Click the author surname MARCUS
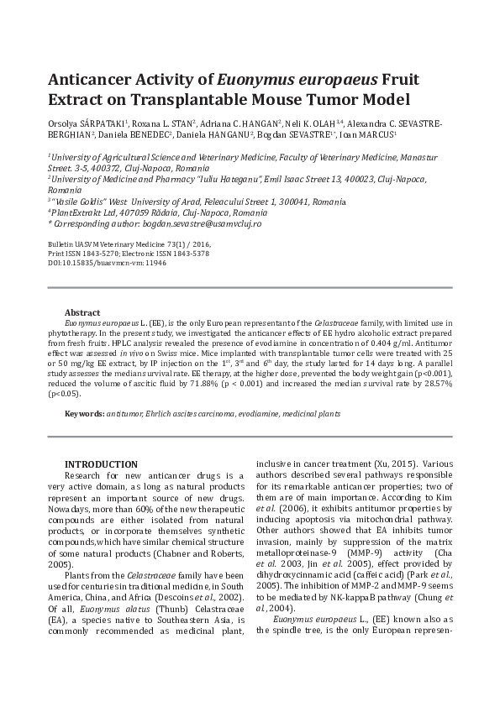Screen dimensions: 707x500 click(x=380, y=134)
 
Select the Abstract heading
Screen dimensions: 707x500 click(x=82, y=312)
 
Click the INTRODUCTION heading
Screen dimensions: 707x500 click(x=101, y=464)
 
